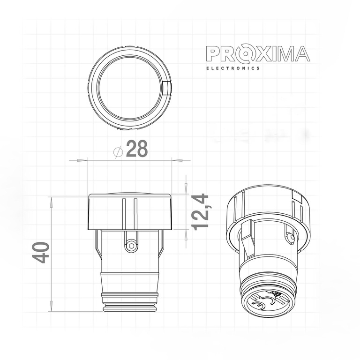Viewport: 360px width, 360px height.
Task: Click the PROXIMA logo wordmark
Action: [x=258, y=54]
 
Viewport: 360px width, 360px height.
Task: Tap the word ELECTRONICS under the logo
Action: [x=233, y=68]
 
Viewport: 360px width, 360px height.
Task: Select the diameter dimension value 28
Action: [x=137, y=149]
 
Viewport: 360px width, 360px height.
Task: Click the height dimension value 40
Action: [x=41, y=253]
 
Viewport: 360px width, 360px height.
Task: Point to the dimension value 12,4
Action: [x=200, y=212]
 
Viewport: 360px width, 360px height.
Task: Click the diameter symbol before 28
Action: [x=119, y=151]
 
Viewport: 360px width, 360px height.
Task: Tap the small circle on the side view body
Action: [x=132, y=246]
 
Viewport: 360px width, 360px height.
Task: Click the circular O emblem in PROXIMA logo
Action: [x=246, y=54]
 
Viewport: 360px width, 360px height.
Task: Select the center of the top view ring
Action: [x=130, y=89]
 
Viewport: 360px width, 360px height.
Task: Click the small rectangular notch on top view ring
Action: [x=168, y=88]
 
